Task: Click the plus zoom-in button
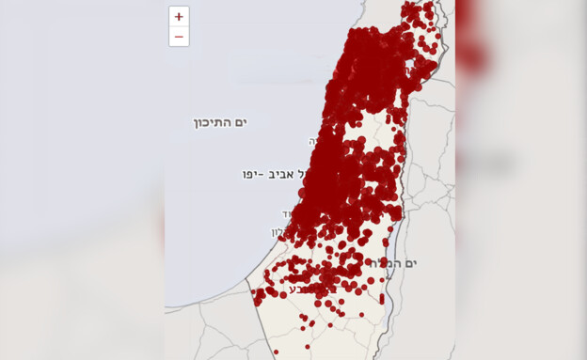pyautogui.click(x=179, y=17)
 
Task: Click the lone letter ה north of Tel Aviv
pyautogui.click(x=313, y=140)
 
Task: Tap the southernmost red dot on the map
pyautogui.click(x=276, y=352)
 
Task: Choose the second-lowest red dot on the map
pyautogui.click(x=308, y=346)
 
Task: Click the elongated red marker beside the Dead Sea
pyautogui.click(x=382, y=299)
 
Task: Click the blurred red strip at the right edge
pyautogui.click(x=469, y=38)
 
